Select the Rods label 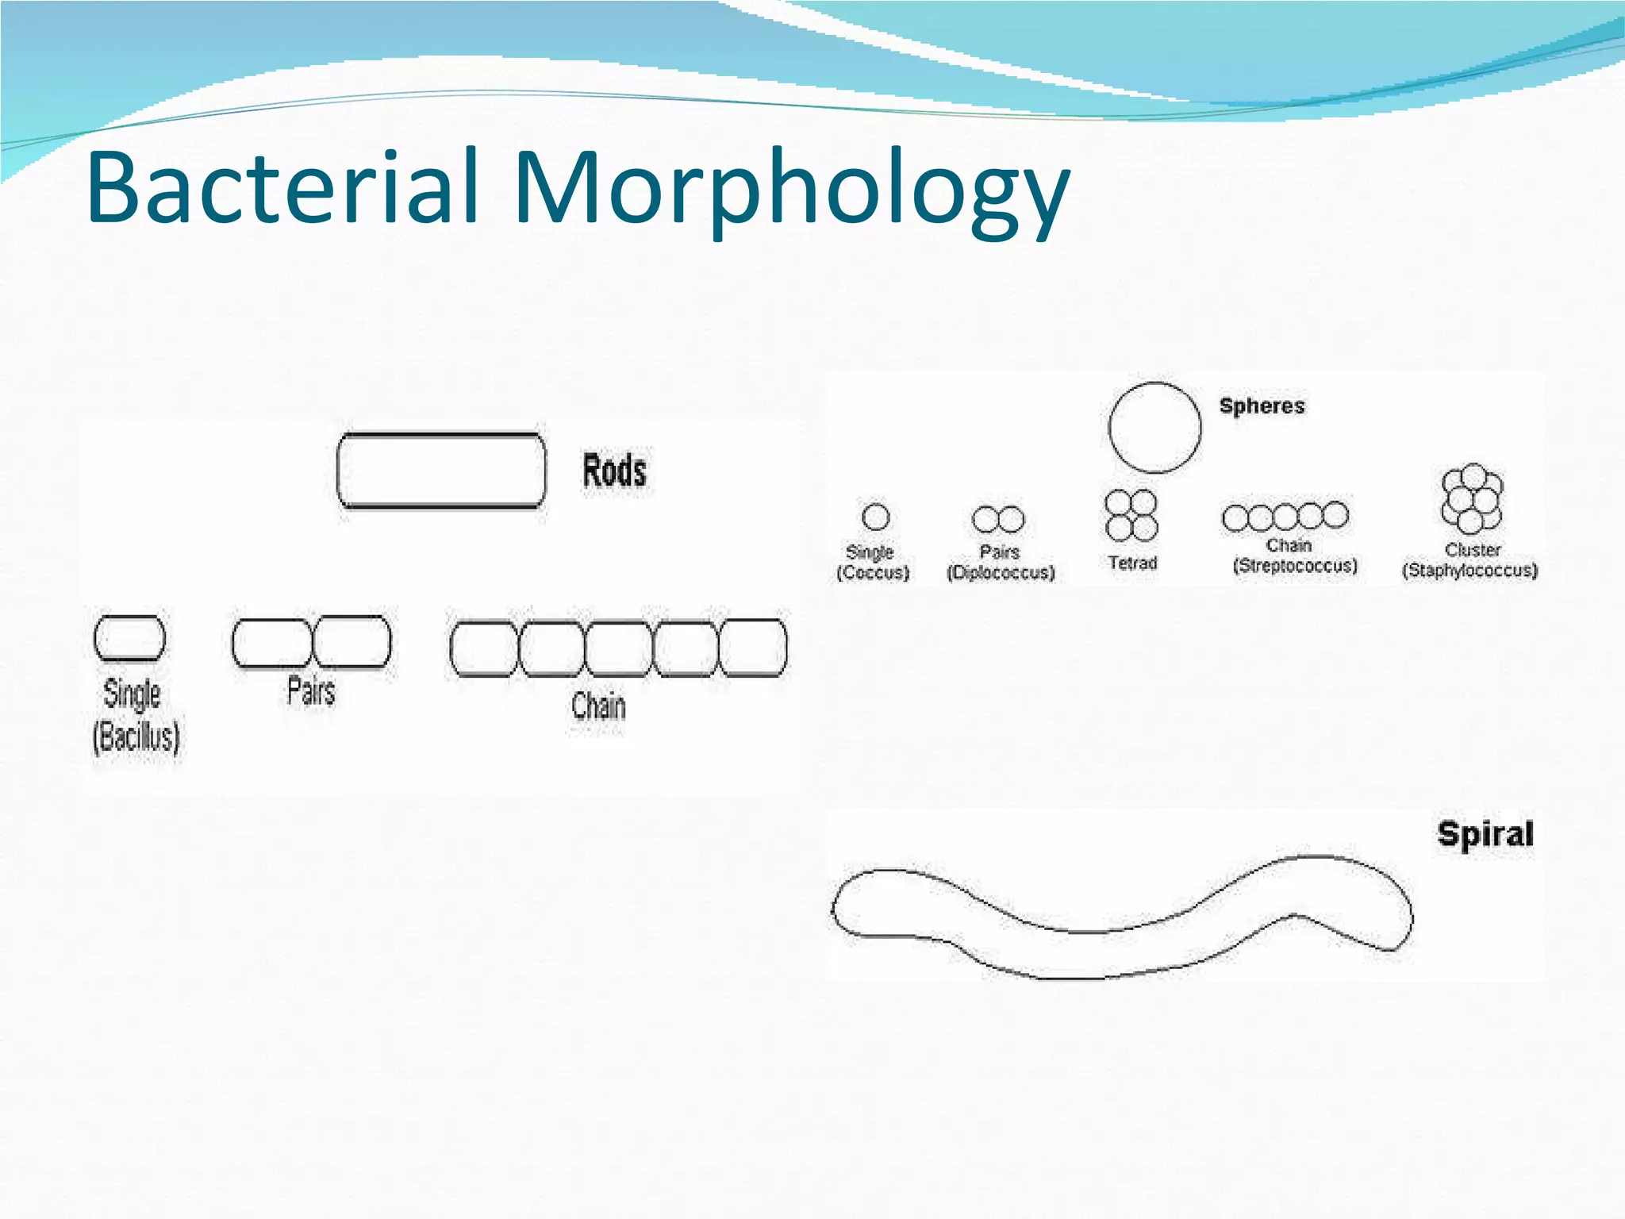pyautogui.click(x=614, y=471)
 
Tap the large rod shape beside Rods pyautogui.click(x=441, y=470)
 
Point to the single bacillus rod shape pyautogui.click(x=129, y=638)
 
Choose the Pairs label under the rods pyautogui.click(x=311, y=691)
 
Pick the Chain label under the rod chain pyautogui.click(x=598, y=706)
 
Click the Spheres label pyautogui.click(x=1262, y=406)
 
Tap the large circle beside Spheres pyautogui.click(x=1154, y=428)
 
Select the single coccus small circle pyautogui.click(x=875, y=517)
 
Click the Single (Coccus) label pyautogui.click(x=872, y=562)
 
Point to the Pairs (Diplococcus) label pyautogui.click(x=1001, y=562)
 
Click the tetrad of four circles pyautogui.click(x=1131, y=515)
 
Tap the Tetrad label pyautogui.click(x=1132, y=563)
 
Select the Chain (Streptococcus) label pyautogui.click(x=1294, y=556)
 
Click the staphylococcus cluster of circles pyautogui.click(x=1472, y=498)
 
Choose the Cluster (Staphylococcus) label pyautogui.click(x=1469, y=560)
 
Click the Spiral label pyautogui.click(x=1485, y=834)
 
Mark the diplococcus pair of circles pyautogui.click(x=998, y=520)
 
